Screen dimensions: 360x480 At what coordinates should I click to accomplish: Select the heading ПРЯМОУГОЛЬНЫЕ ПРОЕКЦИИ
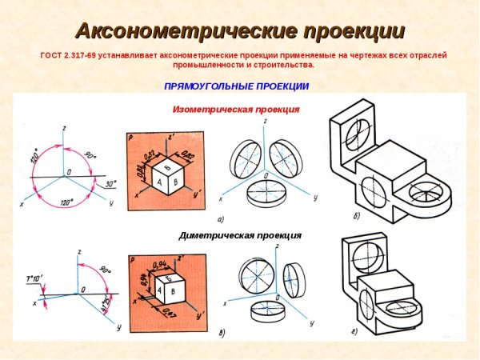[236, 86]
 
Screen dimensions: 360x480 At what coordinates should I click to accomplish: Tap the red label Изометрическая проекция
[236, 109]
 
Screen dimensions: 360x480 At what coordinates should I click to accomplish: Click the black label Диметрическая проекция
[240, 235]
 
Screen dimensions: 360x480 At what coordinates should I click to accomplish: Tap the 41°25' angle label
[106, 305]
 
